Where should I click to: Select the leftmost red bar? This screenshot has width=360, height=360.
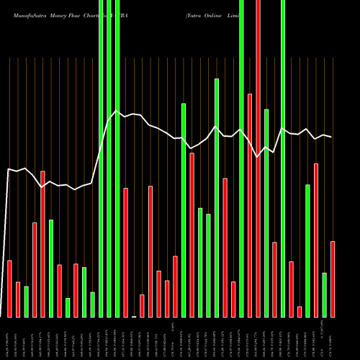pos(9,288)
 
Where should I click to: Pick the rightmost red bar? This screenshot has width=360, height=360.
pos(333,279)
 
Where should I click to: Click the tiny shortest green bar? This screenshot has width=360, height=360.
pos(134,316)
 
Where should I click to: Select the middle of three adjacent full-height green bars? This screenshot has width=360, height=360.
pos(109,158)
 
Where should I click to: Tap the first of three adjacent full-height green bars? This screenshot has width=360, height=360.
pos(101,158)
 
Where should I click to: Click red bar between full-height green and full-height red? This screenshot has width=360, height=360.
pos(250,205)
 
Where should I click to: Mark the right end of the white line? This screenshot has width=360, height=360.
pos(331,137)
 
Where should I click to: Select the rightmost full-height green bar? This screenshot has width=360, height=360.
pos(283,158)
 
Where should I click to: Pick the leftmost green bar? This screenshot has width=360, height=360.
pos(26,302)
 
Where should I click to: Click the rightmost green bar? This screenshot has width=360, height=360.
pos(324,294)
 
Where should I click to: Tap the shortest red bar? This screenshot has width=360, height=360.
pos(300,311)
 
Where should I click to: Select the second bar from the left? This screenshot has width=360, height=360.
pos(18,299)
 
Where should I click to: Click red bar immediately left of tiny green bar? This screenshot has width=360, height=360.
pos(125,252)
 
